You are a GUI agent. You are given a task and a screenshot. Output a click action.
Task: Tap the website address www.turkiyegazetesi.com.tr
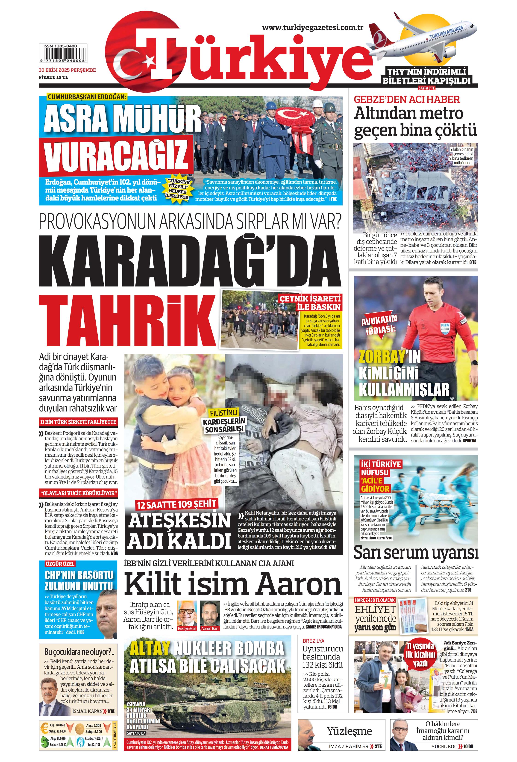click(x=312, y=28)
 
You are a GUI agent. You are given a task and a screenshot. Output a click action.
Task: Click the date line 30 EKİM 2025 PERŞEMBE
click(x=67, y=70)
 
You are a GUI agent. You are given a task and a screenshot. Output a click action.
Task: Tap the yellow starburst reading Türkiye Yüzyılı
click(x=179, y=189)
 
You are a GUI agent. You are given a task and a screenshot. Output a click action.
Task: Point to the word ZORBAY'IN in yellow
click(x=389, y=357)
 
